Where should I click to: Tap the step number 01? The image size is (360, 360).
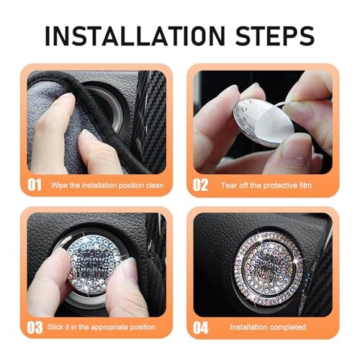pos(35,185)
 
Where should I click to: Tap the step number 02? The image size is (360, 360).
pos(201,185)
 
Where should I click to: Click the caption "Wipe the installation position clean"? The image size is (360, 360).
pos(107,186)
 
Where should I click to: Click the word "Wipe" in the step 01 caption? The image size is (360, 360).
pos(59,186)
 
